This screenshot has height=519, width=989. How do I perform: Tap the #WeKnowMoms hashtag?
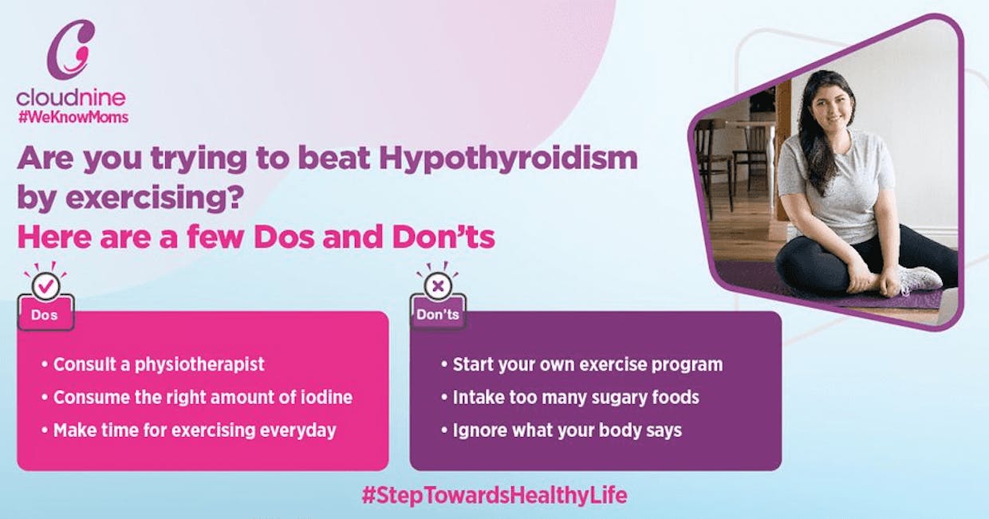coord(73,117)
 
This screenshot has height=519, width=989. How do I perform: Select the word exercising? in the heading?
coord(155,199)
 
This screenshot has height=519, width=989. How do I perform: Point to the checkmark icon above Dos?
coord(46,285)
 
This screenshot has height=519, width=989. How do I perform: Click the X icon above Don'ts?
coord(438,286)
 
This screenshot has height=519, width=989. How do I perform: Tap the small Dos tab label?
coord(45,315)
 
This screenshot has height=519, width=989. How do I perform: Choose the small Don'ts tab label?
coord(438,315)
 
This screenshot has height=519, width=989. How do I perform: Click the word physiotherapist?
coord(199,365)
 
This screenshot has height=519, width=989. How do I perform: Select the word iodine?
coord(326,398)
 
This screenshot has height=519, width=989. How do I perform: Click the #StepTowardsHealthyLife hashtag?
coord(494,495)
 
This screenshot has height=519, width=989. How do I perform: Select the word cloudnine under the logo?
coord(71,97)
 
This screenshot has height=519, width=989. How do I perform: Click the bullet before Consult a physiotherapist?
coord(44,365)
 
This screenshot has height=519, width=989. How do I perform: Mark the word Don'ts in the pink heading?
coord(443,237)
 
